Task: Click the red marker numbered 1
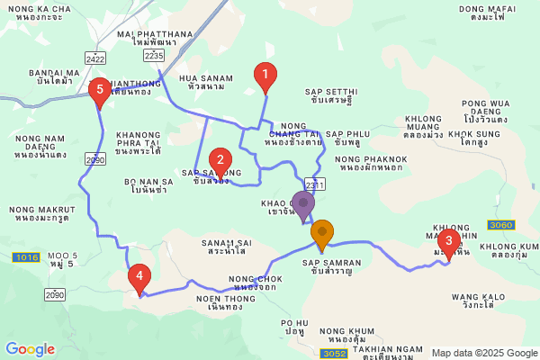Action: point(265,76)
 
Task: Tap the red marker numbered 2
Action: point(218,163)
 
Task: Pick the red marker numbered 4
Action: point(139,277)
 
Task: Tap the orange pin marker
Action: point(321,235)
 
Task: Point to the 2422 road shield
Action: point(95,58)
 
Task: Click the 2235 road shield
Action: point(154,56)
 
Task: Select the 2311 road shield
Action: point(314,184)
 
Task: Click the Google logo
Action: point(31,349)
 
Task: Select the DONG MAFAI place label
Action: point(484,13)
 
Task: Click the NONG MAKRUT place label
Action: point(40,213)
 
